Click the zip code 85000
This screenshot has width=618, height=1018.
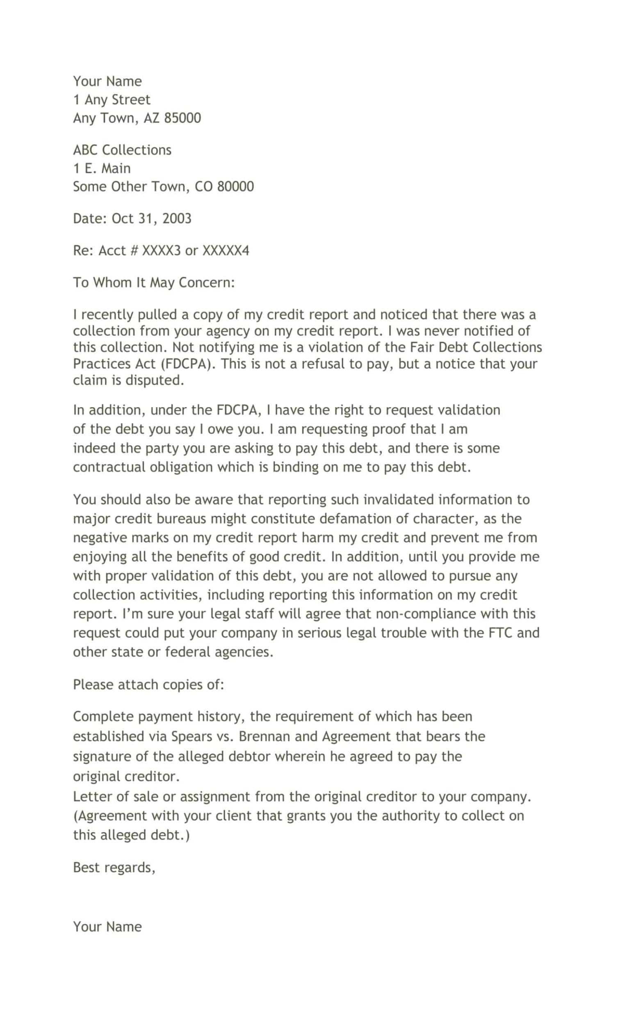tap(182, 118)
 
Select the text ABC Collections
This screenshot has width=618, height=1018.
tap(122, 150)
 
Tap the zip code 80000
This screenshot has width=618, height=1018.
tap(235, 187)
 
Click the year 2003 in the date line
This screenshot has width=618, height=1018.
tap(176, 219)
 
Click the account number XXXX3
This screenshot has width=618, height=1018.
tap(161, 251)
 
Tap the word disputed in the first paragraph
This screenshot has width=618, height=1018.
tap(154, 380)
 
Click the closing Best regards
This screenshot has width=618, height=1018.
tap(114, 868)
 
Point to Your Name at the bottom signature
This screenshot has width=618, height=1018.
tap(107, 927)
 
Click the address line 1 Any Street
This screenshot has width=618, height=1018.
tap(112, 100)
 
